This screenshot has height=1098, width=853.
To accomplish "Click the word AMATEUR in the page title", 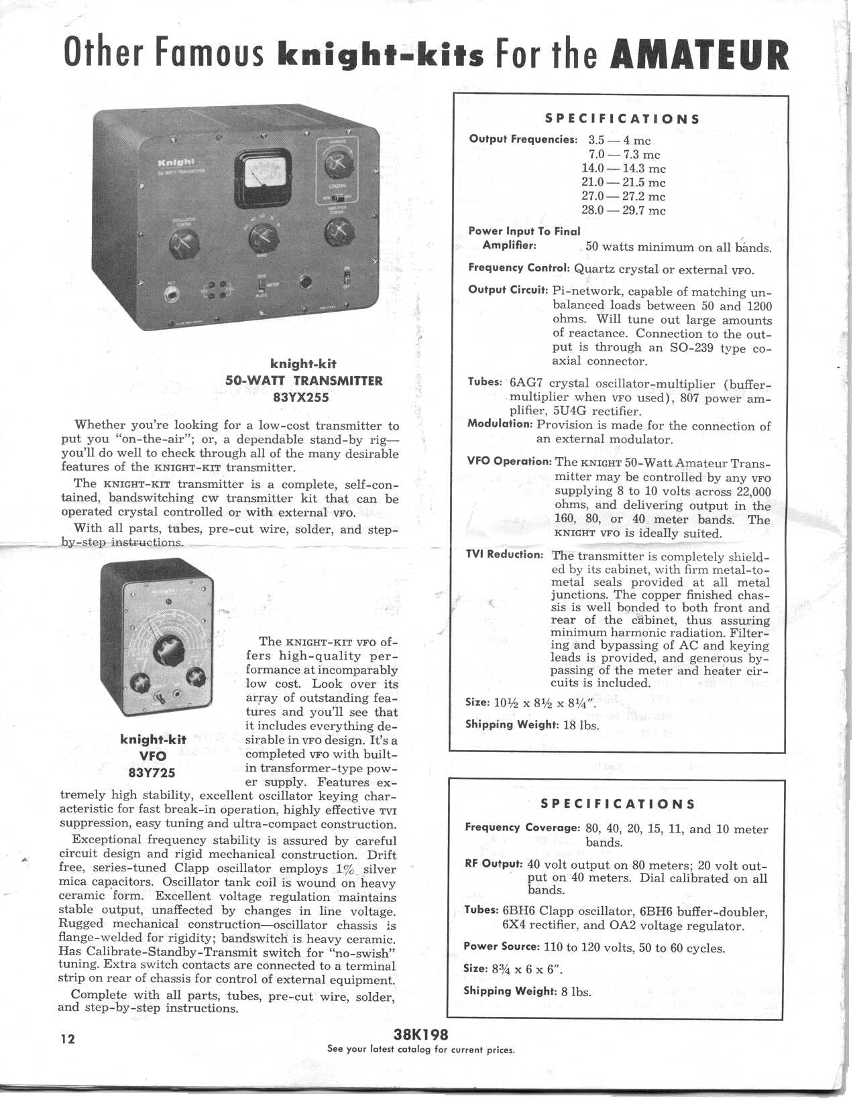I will click(x=701, y=55).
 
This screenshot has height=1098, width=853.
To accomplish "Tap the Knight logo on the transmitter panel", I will click(x=176, y=163).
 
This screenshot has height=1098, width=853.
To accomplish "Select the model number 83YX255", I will click(x=303, y=396).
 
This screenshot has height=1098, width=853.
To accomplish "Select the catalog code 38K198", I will click(x=421, y=1034).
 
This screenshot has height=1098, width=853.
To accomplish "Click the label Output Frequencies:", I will click(x=523, y=139).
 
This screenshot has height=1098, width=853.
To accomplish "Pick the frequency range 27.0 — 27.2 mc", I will click(x=623, y=196).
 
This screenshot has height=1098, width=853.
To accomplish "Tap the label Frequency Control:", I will click(x=518, y=268).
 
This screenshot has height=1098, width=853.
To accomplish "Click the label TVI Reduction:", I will click(x=504, y=554).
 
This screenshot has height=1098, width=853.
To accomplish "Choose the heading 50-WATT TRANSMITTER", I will click(x=303, y=381).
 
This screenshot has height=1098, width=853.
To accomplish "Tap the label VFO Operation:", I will click(x=510, y=461).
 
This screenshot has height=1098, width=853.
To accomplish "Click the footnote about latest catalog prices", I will click(x=420, y=1049).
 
